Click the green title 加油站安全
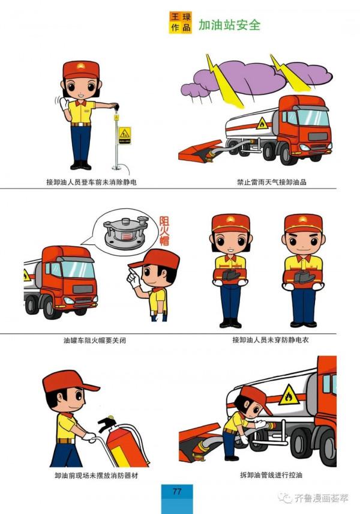[229, 25]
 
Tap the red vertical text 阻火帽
[164, 232]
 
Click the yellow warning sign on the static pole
[124, 133]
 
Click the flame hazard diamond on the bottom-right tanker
[289, 395]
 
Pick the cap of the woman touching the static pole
[81, 70]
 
